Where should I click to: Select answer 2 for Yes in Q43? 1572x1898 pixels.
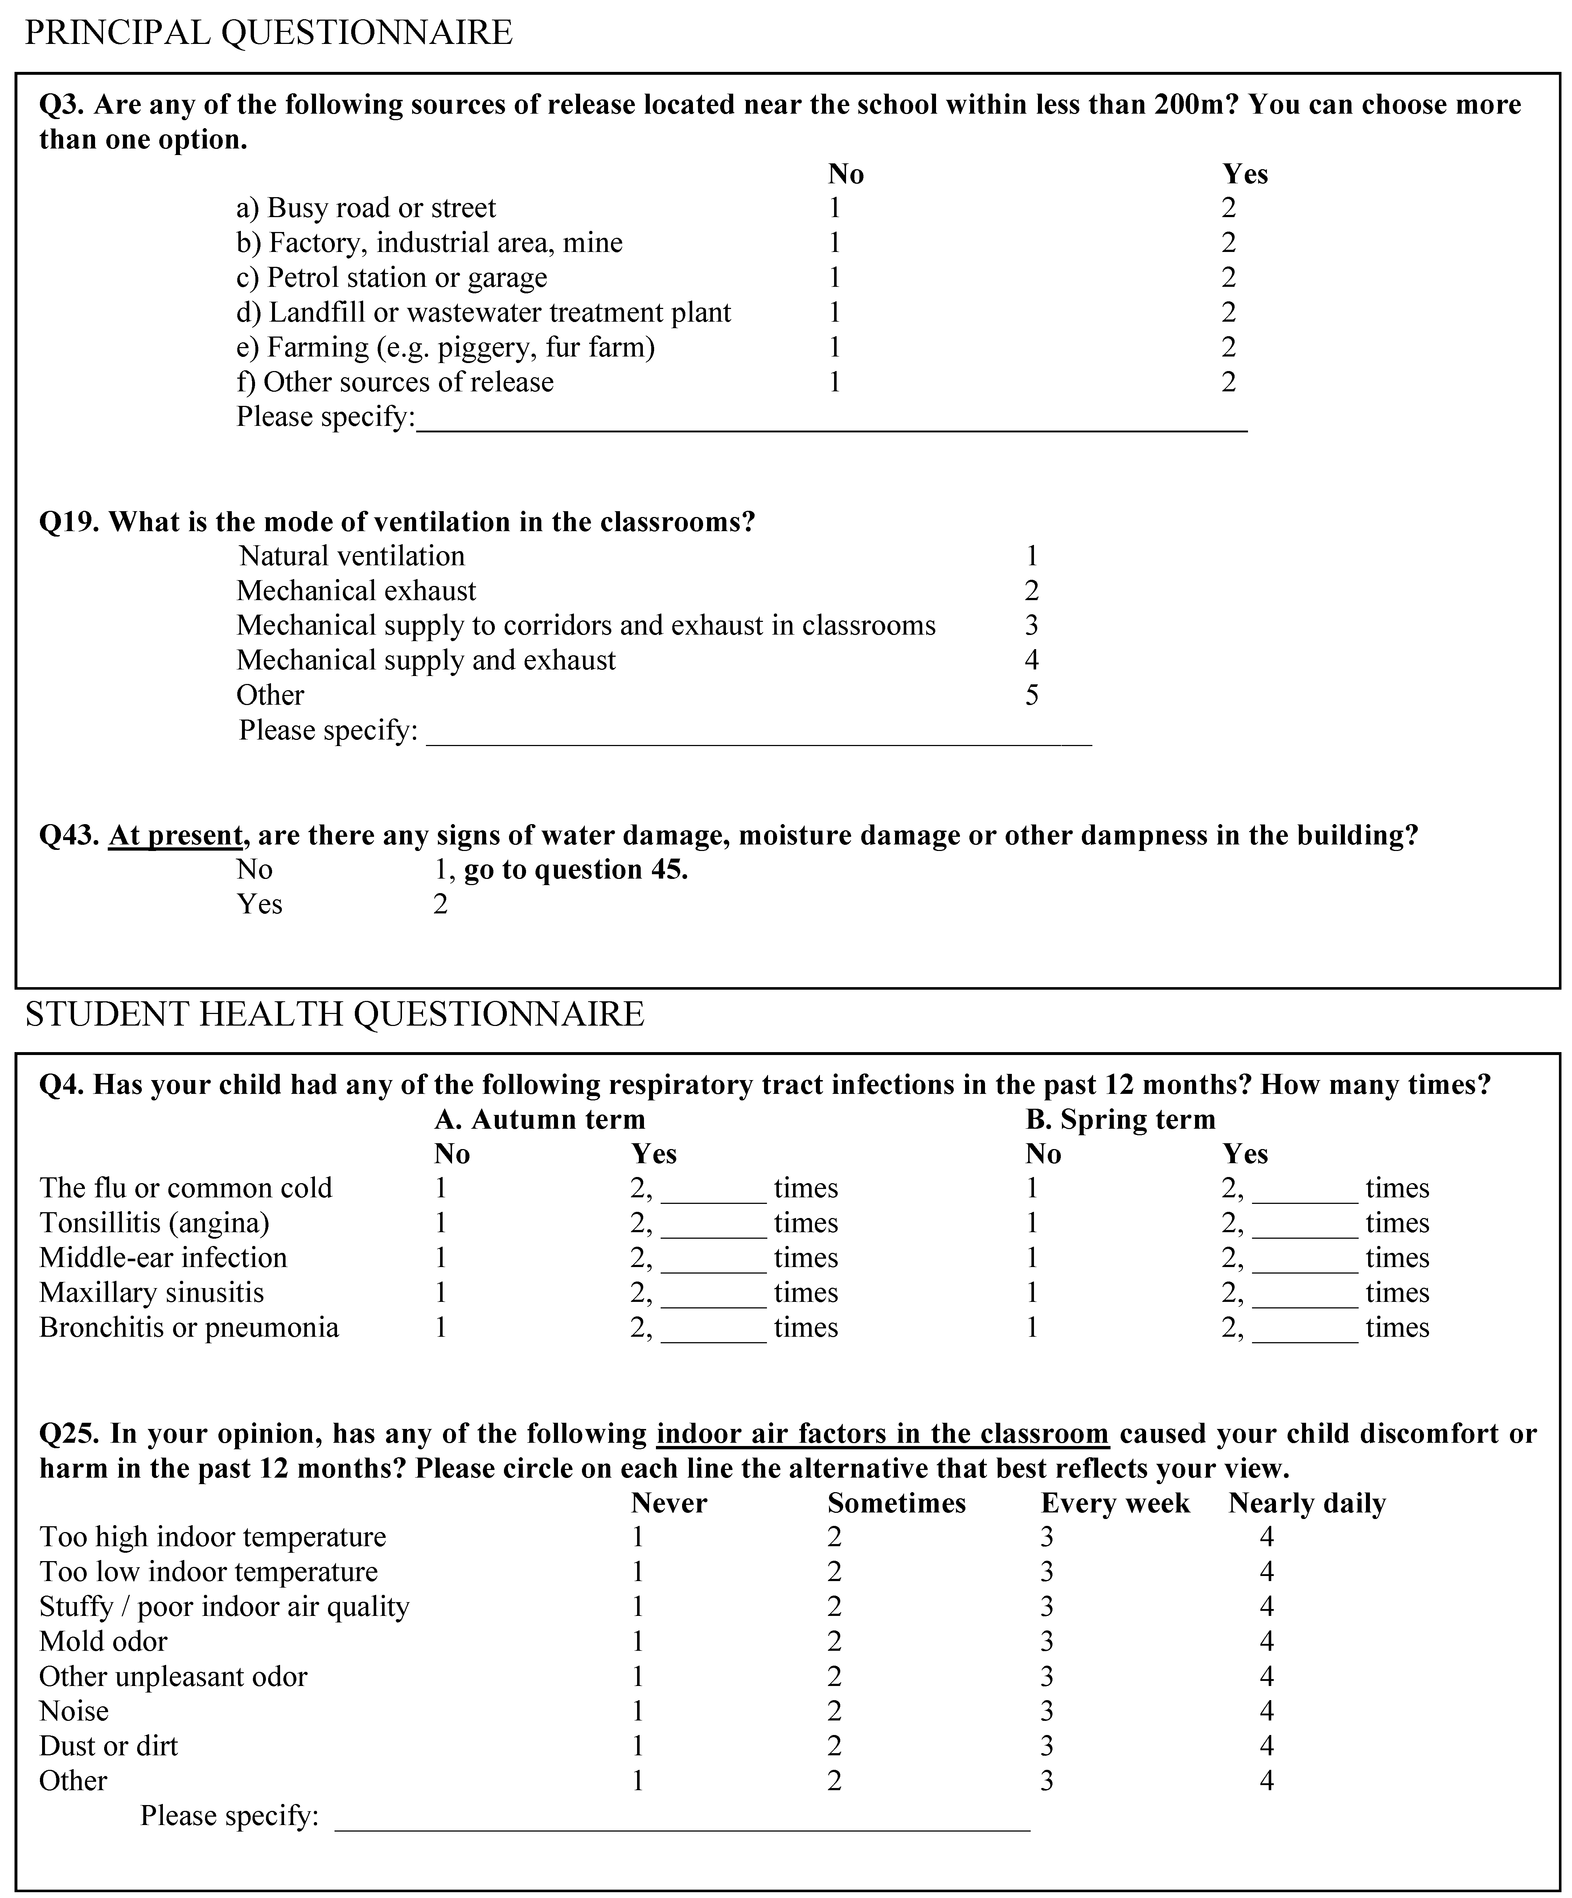coord(440,905)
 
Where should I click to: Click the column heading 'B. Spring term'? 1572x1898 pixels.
coord(1120,1120)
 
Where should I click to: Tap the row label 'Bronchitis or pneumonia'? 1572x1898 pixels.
coord(189,1328)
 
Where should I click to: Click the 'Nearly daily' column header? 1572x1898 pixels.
coord(1306,1503)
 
